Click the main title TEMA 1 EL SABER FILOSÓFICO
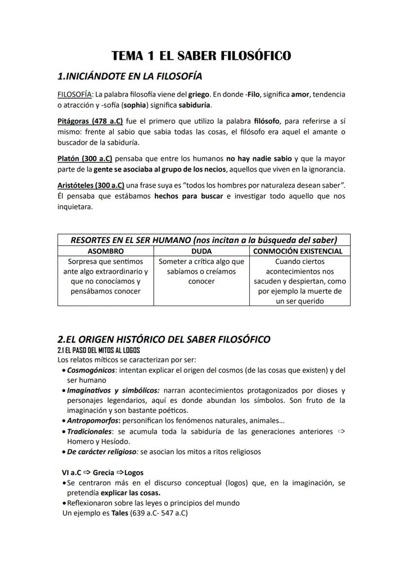(x=201, y=56)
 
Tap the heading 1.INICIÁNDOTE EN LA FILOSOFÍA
(x=129, y=76)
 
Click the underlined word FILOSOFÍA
(x=74, y=94)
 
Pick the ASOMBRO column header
(x=106, y=251)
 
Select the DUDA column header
(x=201, y=251)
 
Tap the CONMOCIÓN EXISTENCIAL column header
(x=300, y=251)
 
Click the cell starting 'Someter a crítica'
(x=201, y=271)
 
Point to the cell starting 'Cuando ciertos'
(x=300, y=281)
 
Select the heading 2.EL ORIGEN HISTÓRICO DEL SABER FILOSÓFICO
(x=164, y=339)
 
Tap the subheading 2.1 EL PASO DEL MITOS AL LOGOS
(x=99, y=350)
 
